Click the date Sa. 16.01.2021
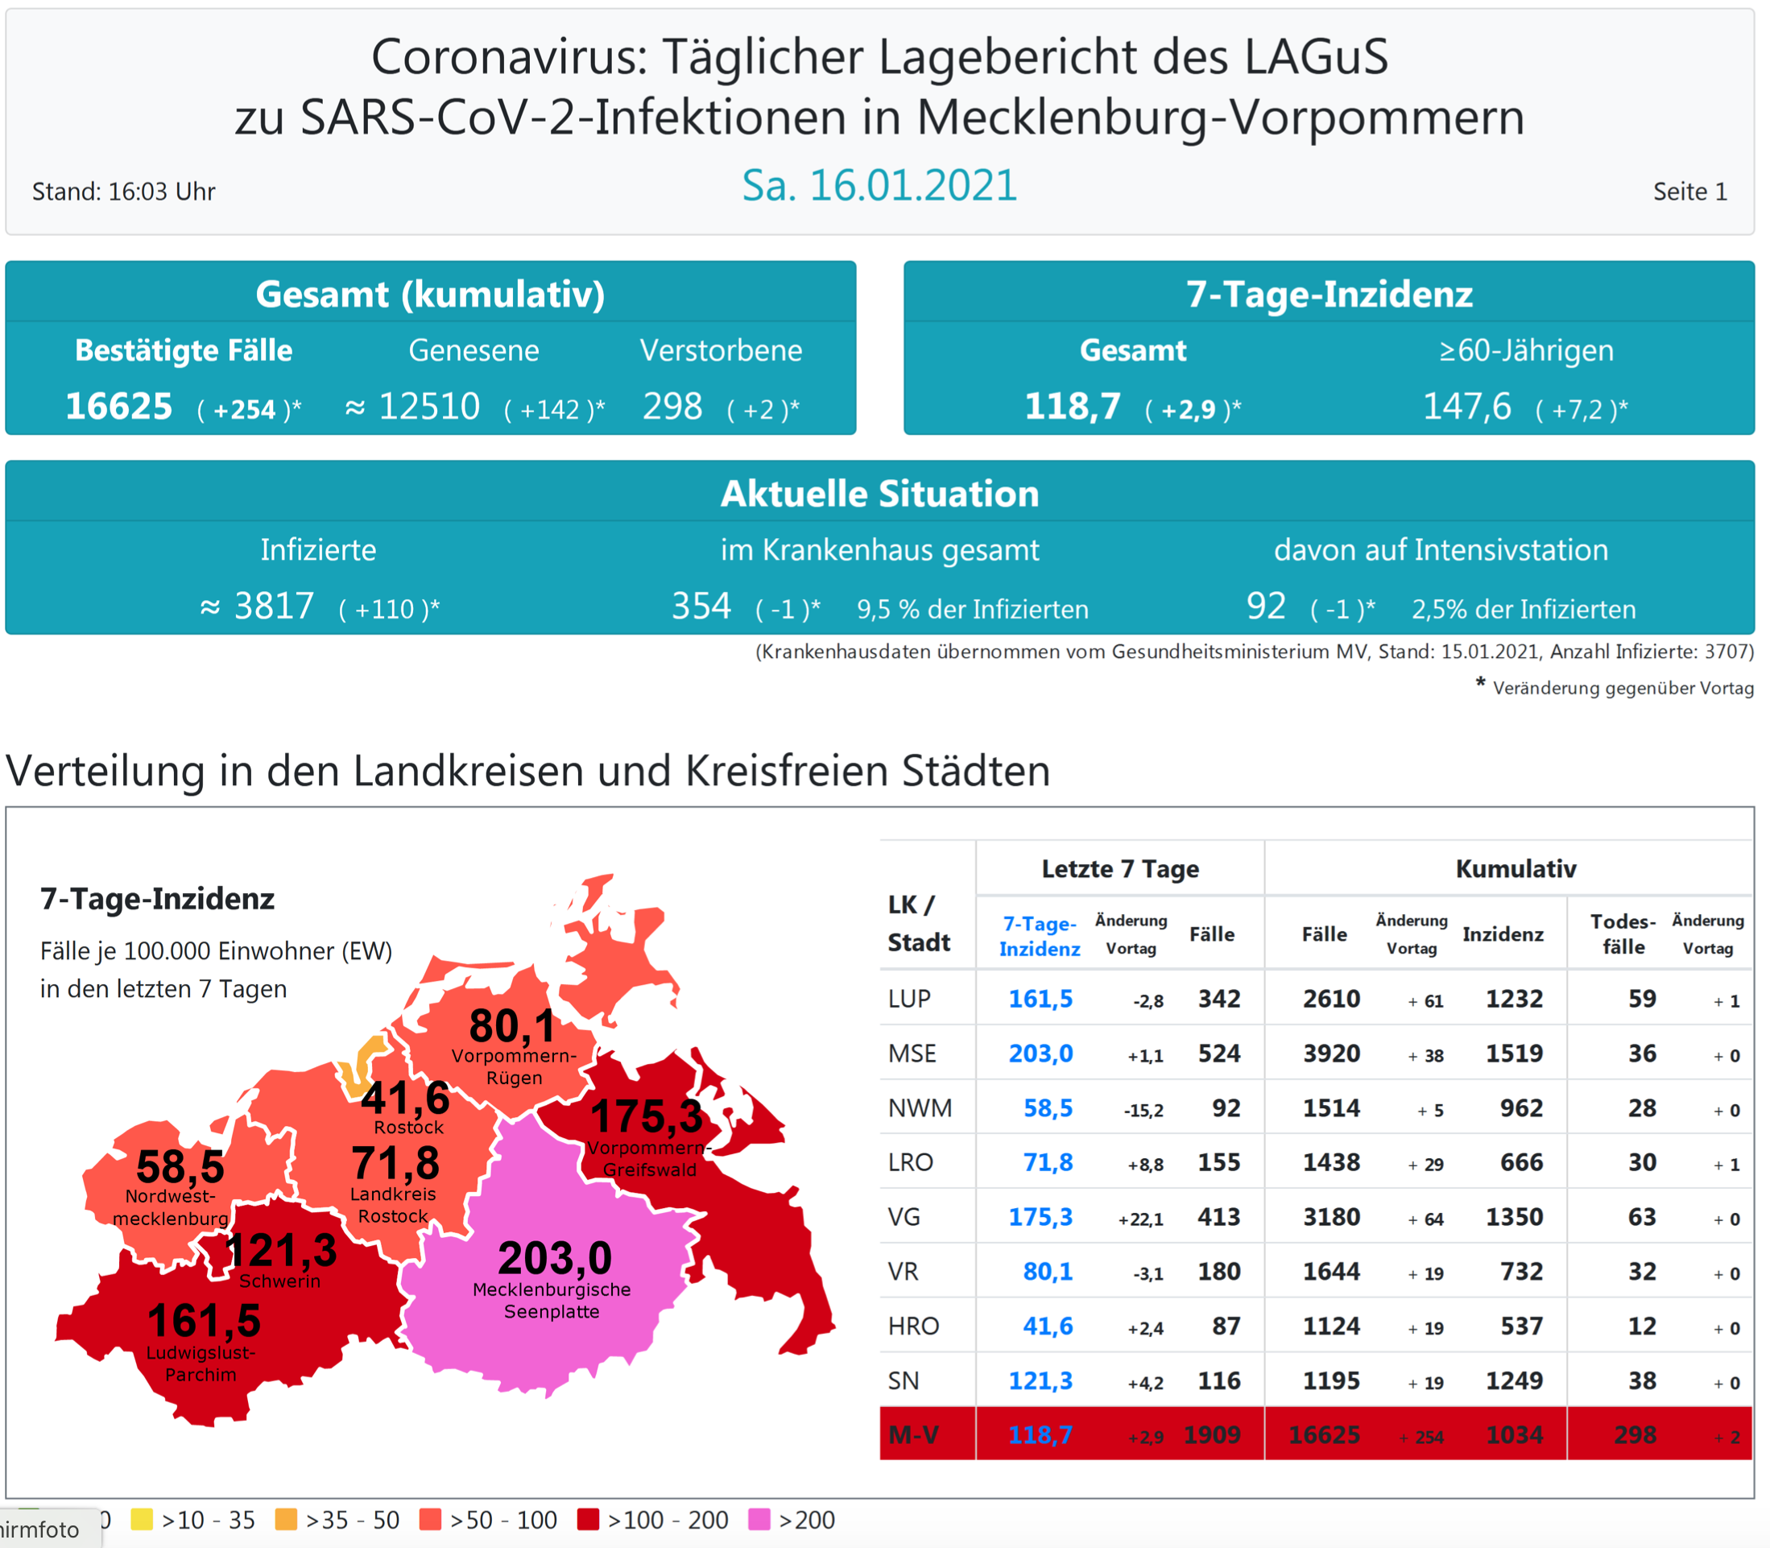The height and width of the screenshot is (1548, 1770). (x=879, y=186)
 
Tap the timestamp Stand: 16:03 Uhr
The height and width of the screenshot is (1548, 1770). (x=123, y=192)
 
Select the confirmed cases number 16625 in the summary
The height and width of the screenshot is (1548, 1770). (x=119, y=407)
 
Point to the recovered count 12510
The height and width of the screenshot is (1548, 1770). (x=428, y=407)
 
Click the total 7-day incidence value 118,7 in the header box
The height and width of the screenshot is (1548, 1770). (x=1072, y=407)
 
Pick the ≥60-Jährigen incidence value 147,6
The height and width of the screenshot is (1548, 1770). (x=1466, y=407)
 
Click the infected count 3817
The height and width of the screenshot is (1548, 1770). (x=274, y=606)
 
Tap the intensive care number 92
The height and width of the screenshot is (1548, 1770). (x=1266, y=606)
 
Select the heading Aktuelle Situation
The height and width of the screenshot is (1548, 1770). (x=879, y=494)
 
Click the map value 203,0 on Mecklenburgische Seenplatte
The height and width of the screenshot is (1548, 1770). (x=555, y=1258)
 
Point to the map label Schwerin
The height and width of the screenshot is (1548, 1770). (x=279, y=1281)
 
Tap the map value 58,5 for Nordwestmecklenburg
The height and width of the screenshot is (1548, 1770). (x=180, y=1167)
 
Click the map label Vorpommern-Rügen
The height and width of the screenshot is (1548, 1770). (x=514, y=1067)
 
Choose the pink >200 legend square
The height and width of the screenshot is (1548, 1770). (x=759, y=1520)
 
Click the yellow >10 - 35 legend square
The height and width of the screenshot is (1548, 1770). (x=142, y=1520)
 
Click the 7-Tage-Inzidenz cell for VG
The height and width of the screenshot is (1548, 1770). (x=1040, y=1217)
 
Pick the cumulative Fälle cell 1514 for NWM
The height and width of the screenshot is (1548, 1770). (x=1331, y=1108)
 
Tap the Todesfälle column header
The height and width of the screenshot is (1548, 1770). (x=1623, y=933)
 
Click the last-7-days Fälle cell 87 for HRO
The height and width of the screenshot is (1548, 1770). (x=1226, y=1326)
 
